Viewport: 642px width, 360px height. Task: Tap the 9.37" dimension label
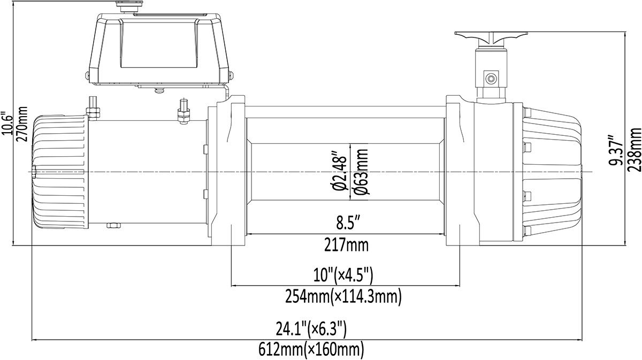pyautogui.click(x=620, y=149)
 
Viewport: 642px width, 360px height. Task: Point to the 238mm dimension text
pyautogui.click(x=635, y=149)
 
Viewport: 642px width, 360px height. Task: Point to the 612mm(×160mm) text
pyautogui.click(x=307, y=350)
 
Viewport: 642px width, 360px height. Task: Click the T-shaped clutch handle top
pyautogui.click(x=491, y=36)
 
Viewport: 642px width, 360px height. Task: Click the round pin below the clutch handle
pyautogui.click(x=490, y=78)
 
